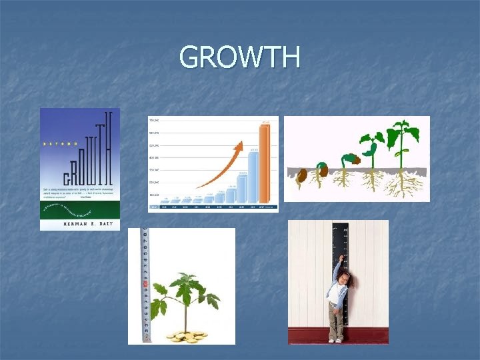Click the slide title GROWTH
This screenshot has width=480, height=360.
point(239,57)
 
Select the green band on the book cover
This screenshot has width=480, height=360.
point(80,207)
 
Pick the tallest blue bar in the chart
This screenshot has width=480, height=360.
point(253,176)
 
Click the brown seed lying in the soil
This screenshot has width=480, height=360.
point(301,175)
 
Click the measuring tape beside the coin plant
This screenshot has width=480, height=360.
point(146,287)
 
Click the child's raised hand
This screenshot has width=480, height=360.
point(342,257)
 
